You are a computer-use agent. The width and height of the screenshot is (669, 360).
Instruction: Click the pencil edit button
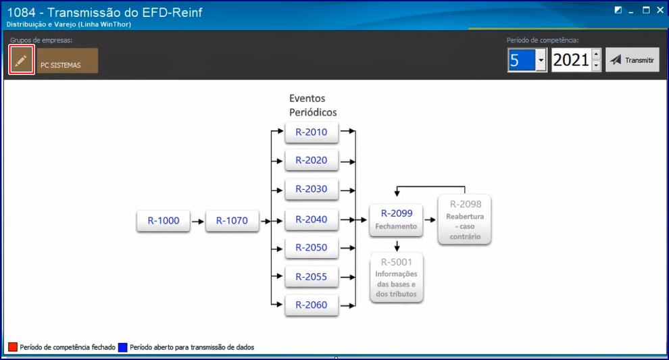click(x=21, y=60)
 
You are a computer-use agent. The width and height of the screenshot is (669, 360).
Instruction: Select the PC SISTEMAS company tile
click(x=68, y=61)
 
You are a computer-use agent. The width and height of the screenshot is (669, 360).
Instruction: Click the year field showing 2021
click(x=571, y=60)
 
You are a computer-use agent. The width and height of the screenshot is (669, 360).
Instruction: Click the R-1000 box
click(x=164, y=220)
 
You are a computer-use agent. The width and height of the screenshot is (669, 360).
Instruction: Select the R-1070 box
click(x=232, y=220)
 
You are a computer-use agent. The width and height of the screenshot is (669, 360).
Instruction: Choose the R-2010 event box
click(x=312, y=132)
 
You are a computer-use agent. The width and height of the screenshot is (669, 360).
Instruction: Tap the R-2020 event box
click(x=312, y=160)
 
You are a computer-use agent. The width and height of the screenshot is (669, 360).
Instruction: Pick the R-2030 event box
click(x=312, y=189)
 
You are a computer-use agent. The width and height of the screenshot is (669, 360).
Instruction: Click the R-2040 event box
click(x=312, y=220)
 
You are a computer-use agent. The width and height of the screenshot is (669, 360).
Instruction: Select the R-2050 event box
click(x=312, y=248)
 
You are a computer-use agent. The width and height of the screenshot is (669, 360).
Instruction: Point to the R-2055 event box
click(x=312, y=277)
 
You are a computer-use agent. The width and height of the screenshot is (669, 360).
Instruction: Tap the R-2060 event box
click(x=312, y=305)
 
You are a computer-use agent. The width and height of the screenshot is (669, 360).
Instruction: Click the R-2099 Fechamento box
click(x=397, y=220)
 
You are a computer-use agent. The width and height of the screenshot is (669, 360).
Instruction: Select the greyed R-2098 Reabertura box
click(x=465, y=220)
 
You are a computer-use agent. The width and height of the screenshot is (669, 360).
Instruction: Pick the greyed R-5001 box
click(x=397, y=278)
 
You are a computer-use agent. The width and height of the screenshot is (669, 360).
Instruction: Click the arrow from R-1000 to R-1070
click(x=197, y=222)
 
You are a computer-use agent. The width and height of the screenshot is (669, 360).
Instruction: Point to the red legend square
click(x=13, y=347)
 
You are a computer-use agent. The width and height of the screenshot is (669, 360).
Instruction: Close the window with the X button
click(x=660, y=10)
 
